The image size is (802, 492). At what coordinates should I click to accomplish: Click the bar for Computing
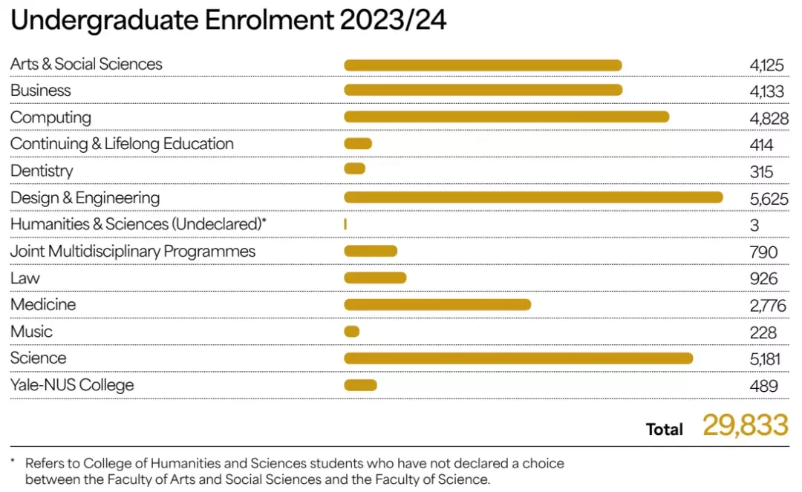(x=506, y=117)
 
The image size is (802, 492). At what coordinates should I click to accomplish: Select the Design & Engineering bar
(x=533, y=197)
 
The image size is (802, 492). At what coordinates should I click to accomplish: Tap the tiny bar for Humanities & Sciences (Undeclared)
(x=345, y=224)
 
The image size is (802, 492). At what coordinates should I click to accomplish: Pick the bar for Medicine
(x=437, y=304)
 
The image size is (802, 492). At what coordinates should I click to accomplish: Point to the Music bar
(x=351, y=332)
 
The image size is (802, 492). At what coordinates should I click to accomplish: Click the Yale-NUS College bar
(x=360, y=384)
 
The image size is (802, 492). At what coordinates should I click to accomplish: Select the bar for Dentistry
(x=354, y=168)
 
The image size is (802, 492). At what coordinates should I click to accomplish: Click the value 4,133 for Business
(x=766, y=91)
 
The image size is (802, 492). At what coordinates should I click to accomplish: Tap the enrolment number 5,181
(x=765, y=359)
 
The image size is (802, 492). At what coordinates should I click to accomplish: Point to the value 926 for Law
(x=763, y=279)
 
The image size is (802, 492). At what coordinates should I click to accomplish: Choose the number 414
(x=761, y=145)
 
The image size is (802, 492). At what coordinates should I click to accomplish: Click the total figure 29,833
(x=746, y=425)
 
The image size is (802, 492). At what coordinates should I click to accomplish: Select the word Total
(x=664, y=429)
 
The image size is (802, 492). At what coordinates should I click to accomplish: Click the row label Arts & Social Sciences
(x=86, y=64)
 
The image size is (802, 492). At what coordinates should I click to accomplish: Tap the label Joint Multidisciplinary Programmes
(x=132, y=252)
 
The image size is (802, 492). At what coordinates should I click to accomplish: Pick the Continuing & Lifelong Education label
(x=122, y=144)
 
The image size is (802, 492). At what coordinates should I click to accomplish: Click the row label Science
(x=39, y=358)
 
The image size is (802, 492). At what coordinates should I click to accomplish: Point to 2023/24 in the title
(x=393, y=21)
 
